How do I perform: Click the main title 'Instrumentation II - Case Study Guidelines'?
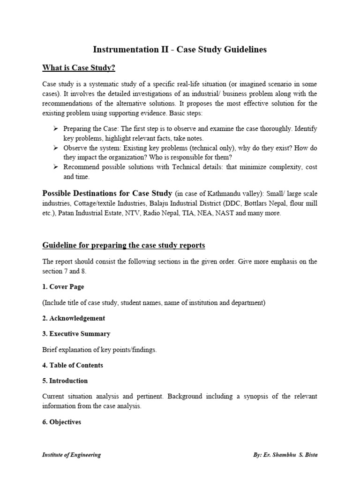coord(180,50)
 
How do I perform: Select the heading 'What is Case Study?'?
coord(79,68)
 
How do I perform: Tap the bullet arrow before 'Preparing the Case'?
coord(56,128)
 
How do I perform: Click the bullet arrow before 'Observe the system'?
coord(56,148)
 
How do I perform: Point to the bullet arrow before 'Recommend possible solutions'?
coord(56,167)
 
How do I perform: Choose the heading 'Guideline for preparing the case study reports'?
coord(124,246)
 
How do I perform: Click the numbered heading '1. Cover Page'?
coord(63,287)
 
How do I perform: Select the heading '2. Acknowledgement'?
coord(74,318)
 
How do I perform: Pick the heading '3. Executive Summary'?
coord(76,334)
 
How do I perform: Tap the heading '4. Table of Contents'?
coord(73,365)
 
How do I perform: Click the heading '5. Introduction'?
coord(65,381)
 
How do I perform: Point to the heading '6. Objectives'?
coord(62,422)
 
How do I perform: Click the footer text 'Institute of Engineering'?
coord(71,455)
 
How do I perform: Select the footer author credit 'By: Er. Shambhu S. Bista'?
coord(284,455)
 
